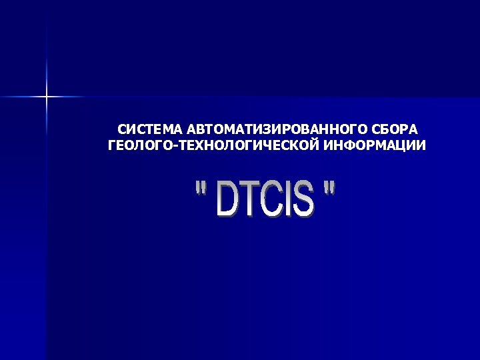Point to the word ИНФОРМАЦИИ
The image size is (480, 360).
(375, 145)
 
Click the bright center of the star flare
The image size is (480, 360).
(47, 97)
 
